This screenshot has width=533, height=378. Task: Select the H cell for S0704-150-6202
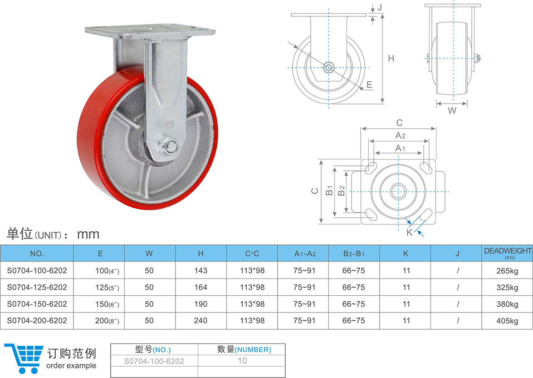point(200,304)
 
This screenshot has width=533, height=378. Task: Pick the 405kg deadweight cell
point(507,321)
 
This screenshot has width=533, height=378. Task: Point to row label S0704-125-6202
point(37,287)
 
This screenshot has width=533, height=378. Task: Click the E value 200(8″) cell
point(107,321)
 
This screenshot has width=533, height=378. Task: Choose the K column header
point(406,254)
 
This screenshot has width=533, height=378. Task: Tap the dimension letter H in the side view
point(391,58)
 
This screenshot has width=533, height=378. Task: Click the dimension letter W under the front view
point(452,110)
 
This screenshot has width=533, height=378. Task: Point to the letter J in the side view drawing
point(380,7)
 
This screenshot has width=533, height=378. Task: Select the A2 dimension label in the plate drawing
point(400,135)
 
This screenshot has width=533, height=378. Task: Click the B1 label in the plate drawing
point(330,191)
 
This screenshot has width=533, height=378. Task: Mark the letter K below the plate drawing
point(409,233)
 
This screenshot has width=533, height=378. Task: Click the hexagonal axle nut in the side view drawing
point(328,67)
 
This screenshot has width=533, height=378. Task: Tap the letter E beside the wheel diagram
point(369,85)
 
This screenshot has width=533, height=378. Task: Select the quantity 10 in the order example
point(242,361)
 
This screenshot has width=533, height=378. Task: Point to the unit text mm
point(88,234)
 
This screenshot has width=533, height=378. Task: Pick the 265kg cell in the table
point(507,271)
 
